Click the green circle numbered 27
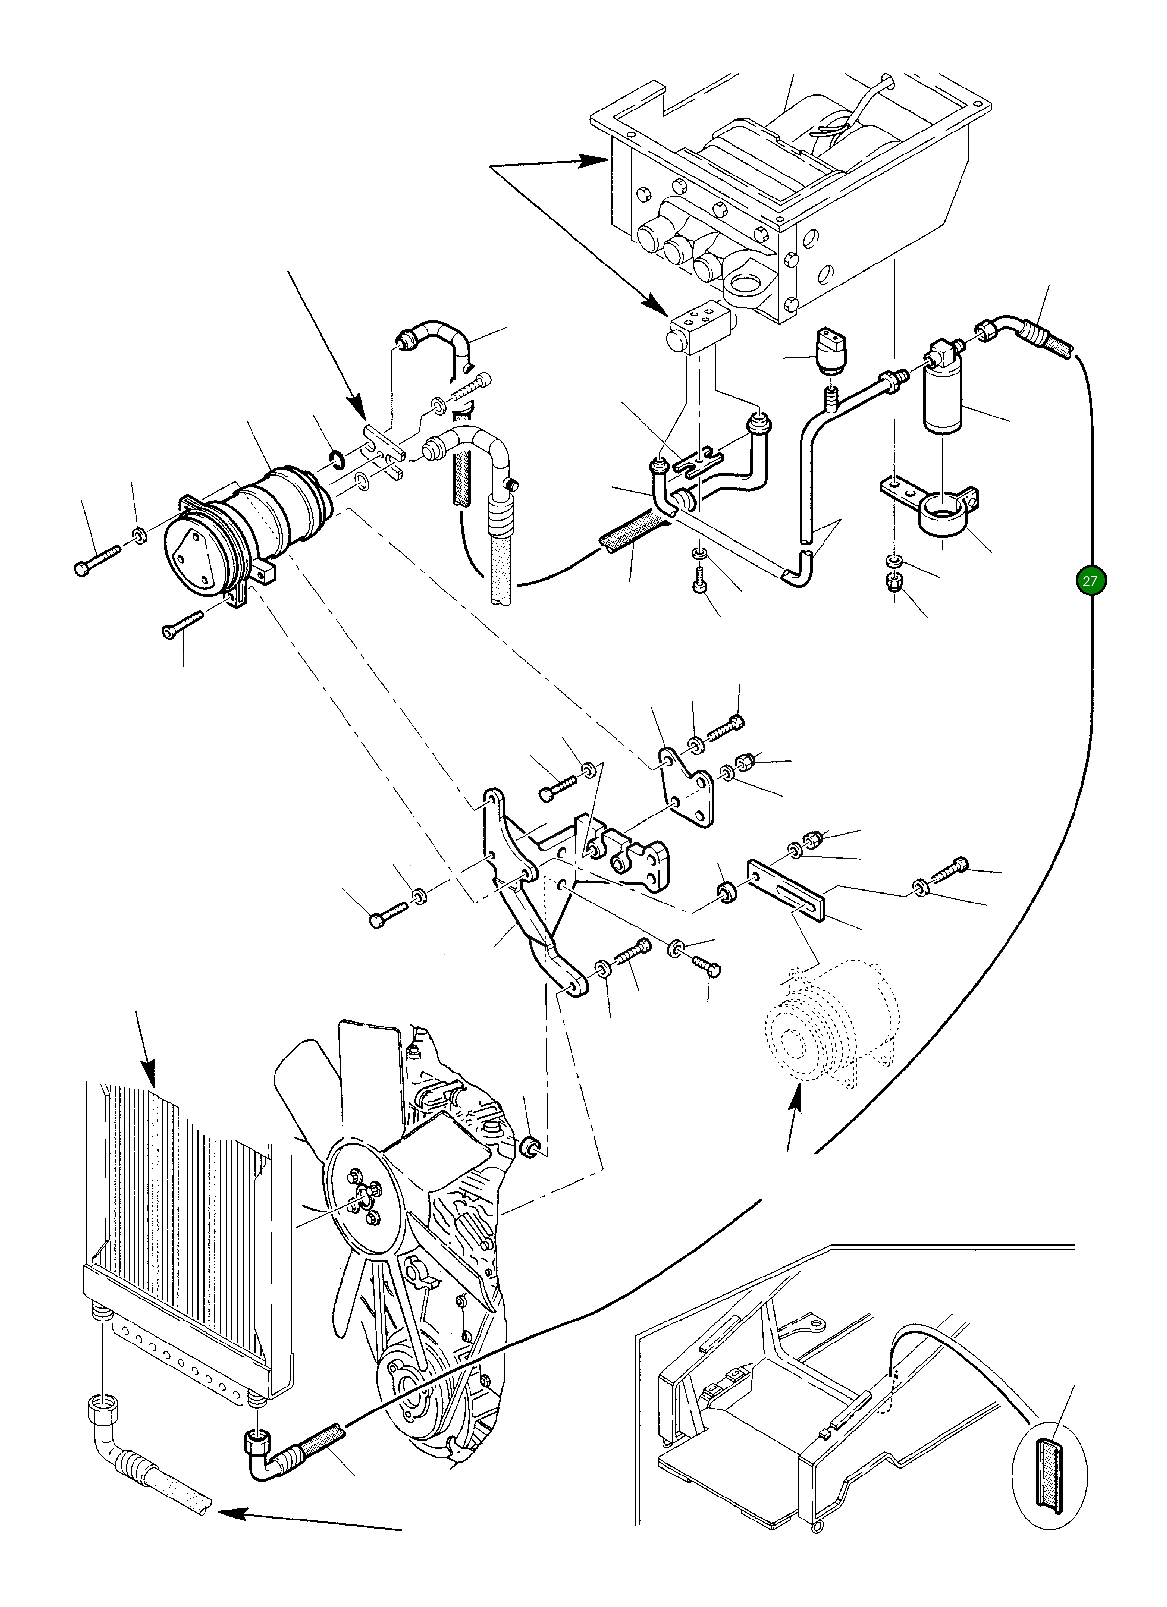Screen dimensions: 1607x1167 pyautogui.click(x=1090, y=581)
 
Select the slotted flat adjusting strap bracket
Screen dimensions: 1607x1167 pyautogui.click(x=787, y=889)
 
